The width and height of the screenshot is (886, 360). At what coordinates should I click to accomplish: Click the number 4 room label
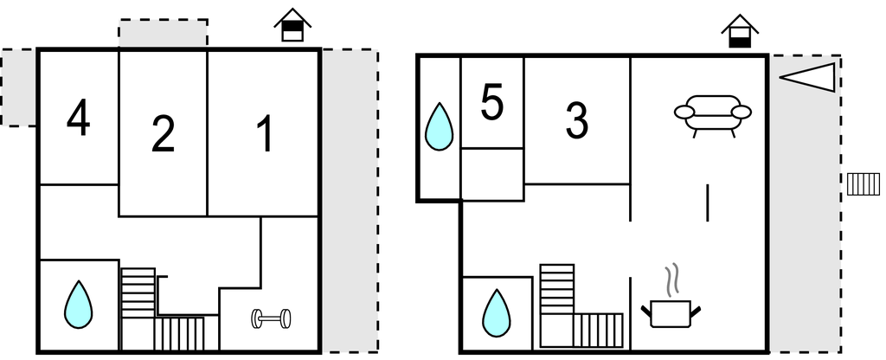(x=78, y=118)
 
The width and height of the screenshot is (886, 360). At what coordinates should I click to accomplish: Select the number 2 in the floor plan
(x=163, y=134)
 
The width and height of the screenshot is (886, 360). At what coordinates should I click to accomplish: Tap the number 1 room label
(x=265, y=134)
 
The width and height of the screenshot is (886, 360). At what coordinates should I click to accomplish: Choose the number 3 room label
(x=576, y=121)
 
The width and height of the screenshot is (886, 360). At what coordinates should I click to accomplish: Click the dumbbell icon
(x=271, y=318)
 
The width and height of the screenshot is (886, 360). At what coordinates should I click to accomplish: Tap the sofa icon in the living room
(x=713, y=115)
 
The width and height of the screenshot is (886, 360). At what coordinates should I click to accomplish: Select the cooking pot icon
(x=671, y=313)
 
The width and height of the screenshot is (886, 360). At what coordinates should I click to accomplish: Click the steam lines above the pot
(x=671, y=280)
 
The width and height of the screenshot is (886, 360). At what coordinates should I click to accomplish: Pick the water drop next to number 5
(x=439, y=126)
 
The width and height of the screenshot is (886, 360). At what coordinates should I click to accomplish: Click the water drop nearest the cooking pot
(x=496, y=313)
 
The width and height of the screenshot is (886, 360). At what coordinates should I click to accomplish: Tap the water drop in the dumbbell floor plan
(x=78, y=305)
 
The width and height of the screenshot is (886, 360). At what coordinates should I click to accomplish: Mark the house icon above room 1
(x=292, y=25)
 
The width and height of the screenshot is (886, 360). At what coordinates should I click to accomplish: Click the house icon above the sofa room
(x=740, y=31)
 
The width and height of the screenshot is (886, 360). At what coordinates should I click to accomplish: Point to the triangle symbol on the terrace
(x=807, y=77)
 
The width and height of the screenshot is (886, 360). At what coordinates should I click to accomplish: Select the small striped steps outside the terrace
(x=864, y=184)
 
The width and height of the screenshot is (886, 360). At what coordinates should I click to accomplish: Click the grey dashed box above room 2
(x=163, y=33)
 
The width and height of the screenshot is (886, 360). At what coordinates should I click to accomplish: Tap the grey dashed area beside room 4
(x=19, y=87)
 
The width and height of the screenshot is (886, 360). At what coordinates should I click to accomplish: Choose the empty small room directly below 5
(x=492, y=174)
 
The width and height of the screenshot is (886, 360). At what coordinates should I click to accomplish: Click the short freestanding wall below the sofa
(x=708, y=202)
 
